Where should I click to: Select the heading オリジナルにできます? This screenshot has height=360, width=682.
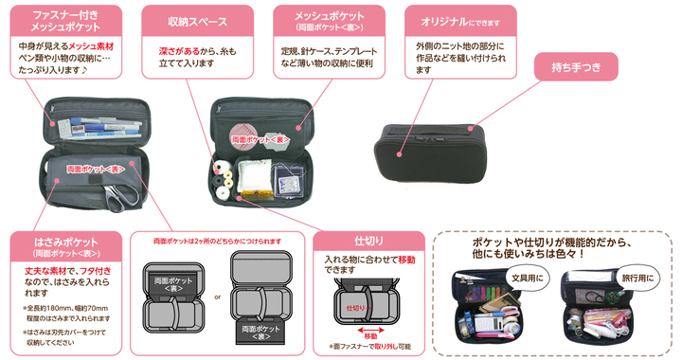point(458,20)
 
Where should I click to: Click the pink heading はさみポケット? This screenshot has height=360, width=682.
point(65,245)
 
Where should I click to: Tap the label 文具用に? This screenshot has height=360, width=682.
point(527,279)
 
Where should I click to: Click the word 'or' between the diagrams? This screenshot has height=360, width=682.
point(217,297)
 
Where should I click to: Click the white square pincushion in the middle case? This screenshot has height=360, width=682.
point(254,177)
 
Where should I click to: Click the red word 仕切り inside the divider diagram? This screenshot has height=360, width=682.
point(355,308)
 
